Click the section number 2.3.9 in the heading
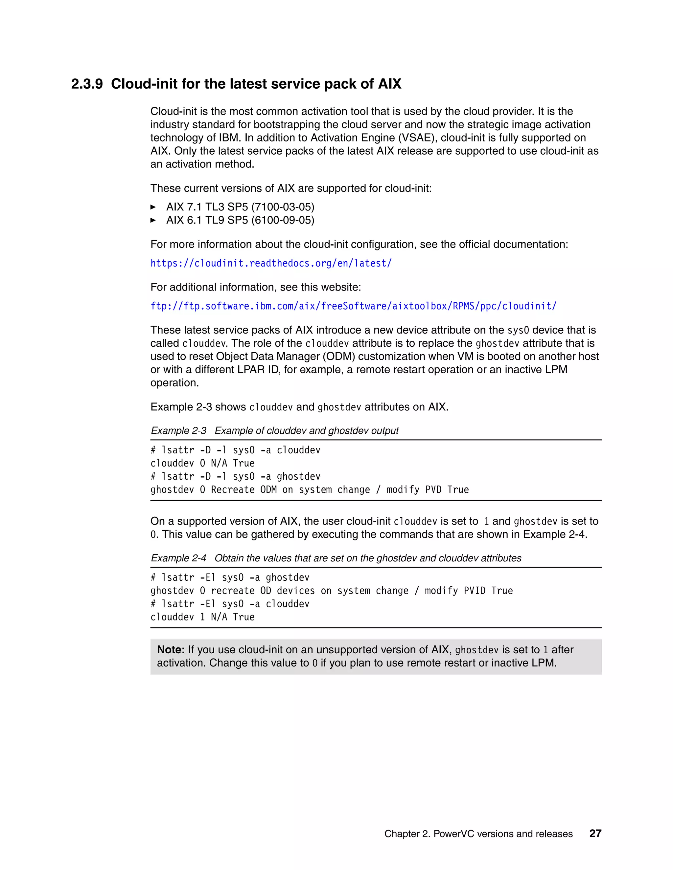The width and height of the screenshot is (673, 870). point(87,84)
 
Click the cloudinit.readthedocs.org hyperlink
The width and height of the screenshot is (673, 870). point(271,263)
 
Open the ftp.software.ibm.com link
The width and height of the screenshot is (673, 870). point(353,306)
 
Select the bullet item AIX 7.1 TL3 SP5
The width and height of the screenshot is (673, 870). point(240,207)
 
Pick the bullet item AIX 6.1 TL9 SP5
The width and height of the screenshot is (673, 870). point(240,220)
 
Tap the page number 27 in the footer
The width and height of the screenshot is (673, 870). point(595,833)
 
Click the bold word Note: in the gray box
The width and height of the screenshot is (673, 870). point(171,650)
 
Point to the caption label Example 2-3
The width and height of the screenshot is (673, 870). point(179,431)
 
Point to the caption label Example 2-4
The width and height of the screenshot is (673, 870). point(179,558)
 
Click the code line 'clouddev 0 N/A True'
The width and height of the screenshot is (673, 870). point(202,463)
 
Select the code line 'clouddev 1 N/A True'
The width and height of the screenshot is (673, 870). point(202,617)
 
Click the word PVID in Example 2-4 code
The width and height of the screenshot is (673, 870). point(475,591)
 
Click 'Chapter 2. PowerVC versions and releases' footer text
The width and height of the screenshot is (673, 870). point(478,834)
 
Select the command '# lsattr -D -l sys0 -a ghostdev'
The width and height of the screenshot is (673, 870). point(235,476)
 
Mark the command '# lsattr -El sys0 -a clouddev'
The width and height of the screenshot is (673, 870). point(230,604)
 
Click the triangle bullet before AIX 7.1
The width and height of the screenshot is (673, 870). point(153,207)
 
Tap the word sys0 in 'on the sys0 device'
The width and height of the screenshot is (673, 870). point(518,330)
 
